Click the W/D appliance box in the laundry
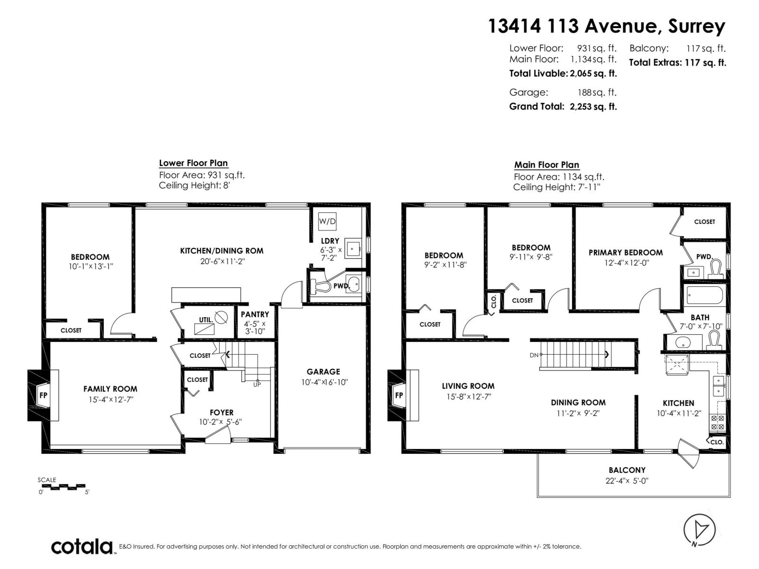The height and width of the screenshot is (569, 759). [x=327, y=221]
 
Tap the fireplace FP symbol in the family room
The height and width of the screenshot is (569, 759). [x=43, y=395]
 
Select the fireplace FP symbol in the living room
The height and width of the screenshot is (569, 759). [x=399, y=395]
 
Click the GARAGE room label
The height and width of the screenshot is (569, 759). [x=323, y=372]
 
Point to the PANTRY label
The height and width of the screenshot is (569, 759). [x=255, y=314]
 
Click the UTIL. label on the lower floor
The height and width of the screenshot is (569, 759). [x=205, y=320]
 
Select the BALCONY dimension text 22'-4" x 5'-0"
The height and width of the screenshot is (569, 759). [x=626, y=480]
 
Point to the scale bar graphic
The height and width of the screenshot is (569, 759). [x=62, y=486]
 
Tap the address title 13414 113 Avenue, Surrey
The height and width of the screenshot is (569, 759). [x=607, y=26]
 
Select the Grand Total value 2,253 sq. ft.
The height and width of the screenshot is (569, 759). [x=593, y=107]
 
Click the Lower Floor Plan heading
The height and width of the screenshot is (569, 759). [x=193, y=163]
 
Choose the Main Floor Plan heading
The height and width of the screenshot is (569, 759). [x=546, y=165]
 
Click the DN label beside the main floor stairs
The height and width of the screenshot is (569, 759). [x=534, y=355]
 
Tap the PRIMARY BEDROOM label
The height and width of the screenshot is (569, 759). [x=625, y=253]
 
